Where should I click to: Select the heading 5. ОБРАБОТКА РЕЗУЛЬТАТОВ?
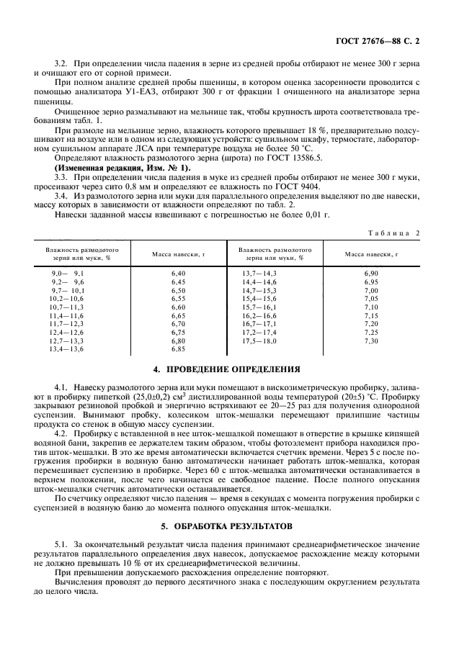[x=227, y=528]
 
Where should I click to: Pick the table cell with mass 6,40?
[x=179, y=274]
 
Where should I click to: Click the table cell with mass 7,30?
[x=371, y=341]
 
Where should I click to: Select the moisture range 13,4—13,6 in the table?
[x=66, y=348]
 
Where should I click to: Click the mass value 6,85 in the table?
[x=179, y=348]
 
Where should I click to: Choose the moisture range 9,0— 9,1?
[x=67, y=274]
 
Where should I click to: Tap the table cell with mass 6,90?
[x=371, y=274]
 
